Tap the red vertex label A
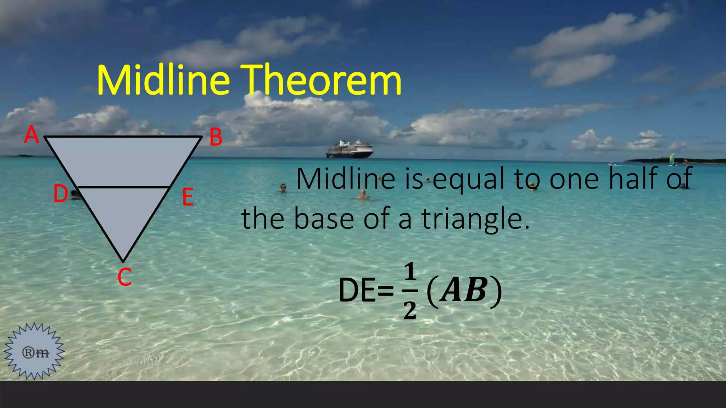tap(31, 135)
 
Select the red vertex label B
tap(216, 137)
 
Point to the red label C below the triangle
tap(124, 277)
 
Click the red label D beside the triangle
tap(60, 194)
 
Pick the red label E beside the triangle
tap(188, 198)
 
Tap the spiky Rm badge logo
tap(34, 351)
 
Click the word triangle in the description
tap(475, 219)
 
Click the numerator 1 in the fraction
tap(410, 272)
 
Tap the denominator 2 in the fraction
tap(410, 311)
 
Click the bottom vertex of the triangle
tap(123, 261)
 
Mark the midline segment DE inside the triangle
tap(123, 187)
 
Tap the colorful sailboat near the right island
tap(672, 159)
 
